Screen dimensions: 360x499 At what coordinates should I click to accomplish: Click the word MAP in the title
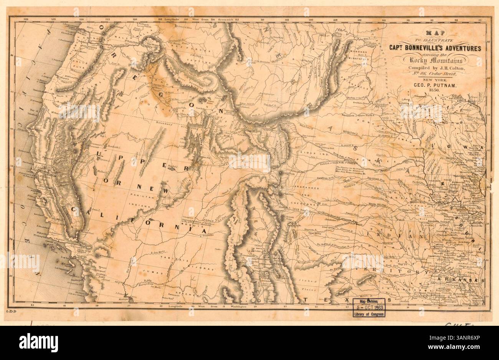pyautogui.click(x=432, y=33)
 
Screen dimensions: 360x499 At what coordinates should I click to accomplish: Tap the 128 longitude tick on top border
pyautogui.click(x=26, y=18)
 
